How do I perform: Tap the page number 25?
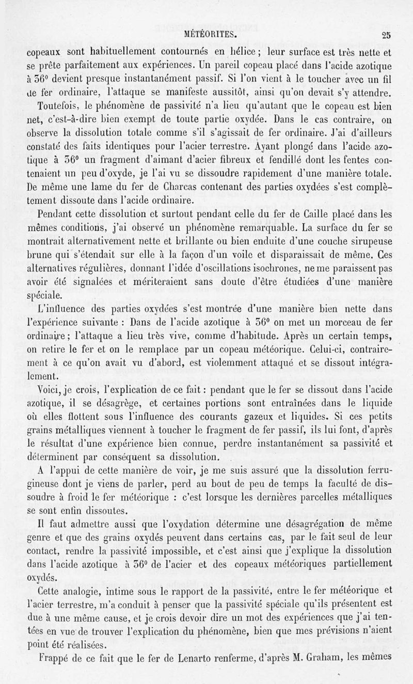pyautogui.click(x=386, y=36)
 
